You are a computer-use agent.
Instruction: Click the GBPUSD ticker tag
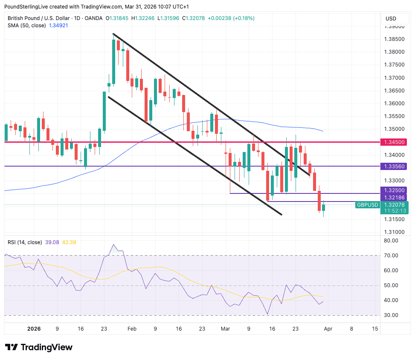click(367, 205)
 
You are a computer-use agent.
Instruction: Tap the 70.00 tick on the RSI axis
click(391, 256)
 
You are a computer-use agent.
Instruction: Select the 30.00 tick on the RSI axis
click(391, 315)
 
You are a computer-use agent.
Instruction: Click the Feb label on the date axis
click(132, 329)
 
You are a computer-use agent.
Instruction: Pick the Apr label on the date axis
click(328, 329)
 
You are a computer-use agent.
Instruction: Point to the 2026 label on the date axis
click(33, 329)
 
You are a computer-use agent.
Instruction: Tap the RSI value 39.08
click(52, 242)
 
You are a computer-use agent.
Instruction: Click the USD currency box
click(391, 18)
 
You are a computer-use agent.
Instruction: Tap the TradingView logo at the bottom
click(39, 347)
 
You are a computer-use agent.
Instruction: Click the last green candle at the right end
click(323, 207)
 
